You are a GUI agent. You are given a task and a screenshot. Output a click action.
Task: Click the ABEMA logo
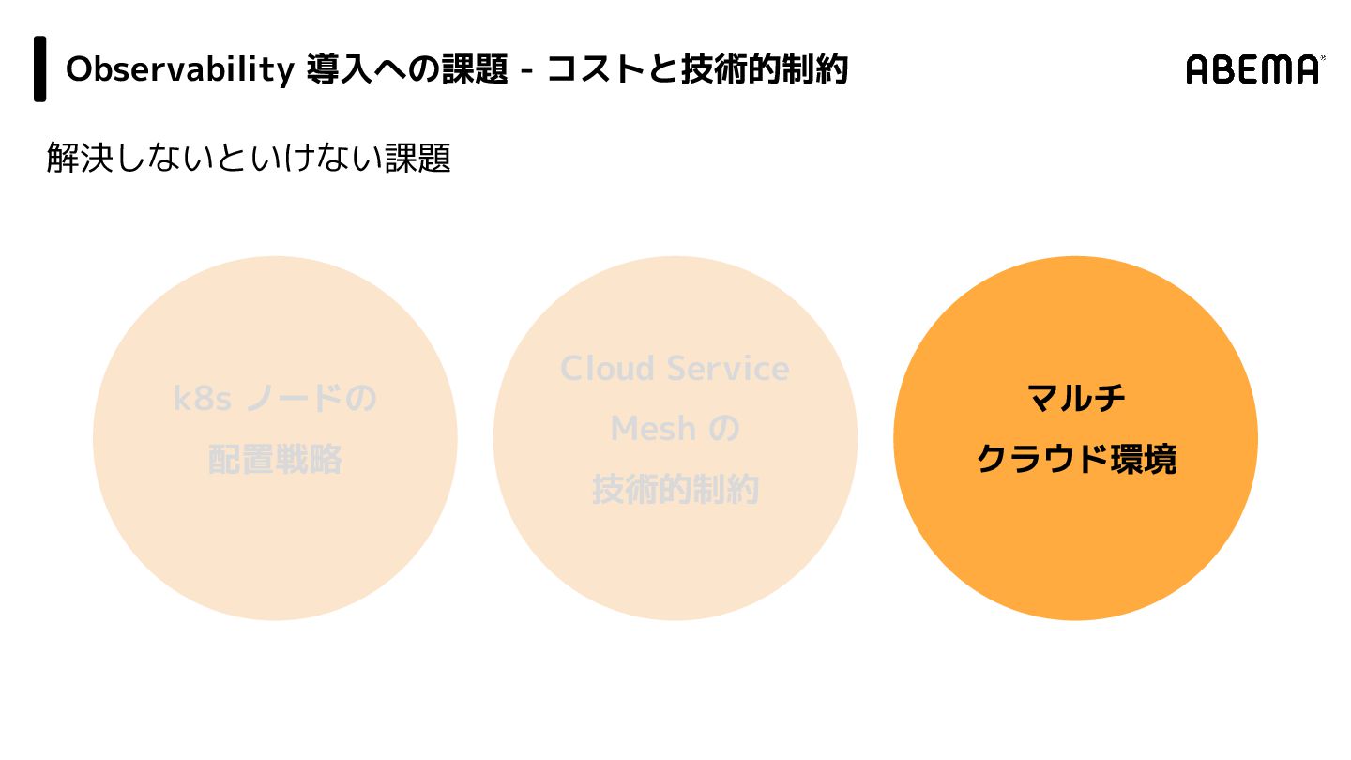tap(1254, 69)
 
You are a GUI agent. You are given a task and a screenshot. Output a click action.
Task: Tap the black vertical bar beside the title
tap(40, 68)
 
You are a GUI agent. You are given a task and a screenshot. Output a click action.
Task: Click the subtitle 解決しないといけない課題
tap(249, 158)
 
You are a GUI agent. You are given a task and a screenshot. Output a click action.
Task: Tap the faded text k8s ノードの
tap(275, 399)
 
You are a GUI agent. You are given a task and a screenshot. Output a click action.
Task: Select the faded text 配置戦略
tap(275, 460)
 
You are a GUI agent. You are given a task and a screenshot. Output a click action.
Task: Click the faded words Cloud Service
tap(675, 368)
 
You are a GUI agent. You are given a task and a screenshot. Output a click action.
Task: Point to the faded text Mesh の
tap(675, 429)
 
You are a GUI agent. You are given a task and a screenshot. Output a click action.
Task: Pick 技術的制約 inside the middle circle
tap(675, 490)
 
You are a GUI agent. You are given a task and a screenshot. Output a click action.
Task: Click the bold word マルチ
tap(1076, 399)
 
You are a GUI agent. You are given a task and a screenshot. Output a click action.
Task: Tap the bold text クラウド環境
tap(1076, 460)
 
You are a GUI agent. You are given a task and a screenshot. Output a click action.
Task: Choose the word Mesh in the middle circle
tap(653, 429)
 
